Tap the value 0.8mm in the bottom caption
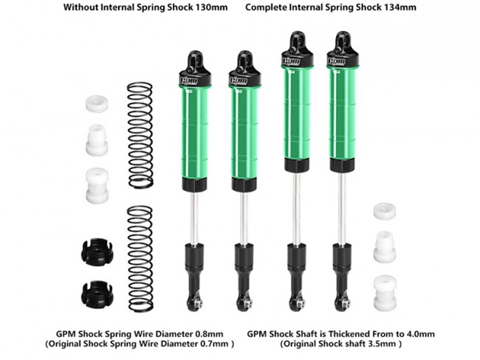210,333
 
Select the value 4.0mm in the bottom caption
421,333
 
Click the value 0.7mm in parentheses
214,344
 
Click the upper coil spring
140,135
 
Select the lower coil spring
140,259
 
